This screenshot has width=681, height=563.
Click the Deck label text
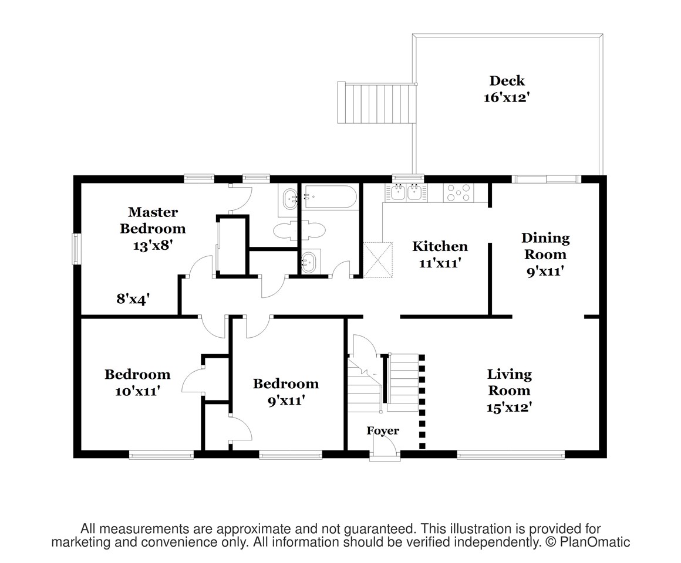pyautogui.click(x=507, y=81)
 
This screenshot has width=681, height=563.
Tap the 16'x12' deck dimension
pyautogui.click(x=507, y=97)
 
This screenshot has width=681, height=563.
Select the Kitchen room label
pyautogui.click(x=440, y=246)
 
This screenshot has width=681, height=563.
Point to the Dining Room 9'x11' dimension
pyautogui.click(x=545, y=271)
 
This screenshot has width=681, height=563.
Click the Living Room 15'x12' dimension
pyautogui.click(x=510, y=407)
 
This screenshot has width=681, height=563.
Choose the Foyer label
pyautogui.click(x=383, y=430)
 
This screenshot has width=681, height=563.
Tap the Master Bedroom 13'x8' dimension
pyautogui.click(x=153, y=246)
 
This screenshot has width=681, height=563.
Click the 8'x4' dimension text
pyautogui.click(x=133, y=299)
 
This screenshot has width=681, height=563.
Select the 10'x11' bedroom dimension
pyautogui.click(x=138, y=391)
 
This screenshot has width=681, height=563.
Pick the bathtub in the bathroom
pyautogui.click(x=330, y=197)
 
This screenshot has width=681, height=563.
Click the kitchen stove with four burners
pyautogui.click(x=459, y=192)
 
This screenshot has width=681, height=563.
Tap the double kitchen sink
pyautogui.click(x=406, y=192)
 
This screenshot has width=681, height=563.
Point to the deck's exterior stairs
pyautogui.click(x=376, y=103)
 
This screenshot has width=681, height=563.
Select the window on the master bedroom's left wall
pyautogui.click(x=77, y=249)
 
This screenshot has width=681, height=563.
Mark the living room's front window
pyautogui.click(x=511, y=455)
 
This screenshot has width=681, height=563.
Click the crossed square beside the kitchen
pyautogui.click(x=378, y=260)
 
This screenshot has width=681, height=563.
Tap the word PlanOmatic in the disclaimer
pyautogui.click(x=595, y=542)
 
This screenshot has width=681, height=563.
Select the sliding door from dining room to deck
pyautogui.click(x=547, y=179)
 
